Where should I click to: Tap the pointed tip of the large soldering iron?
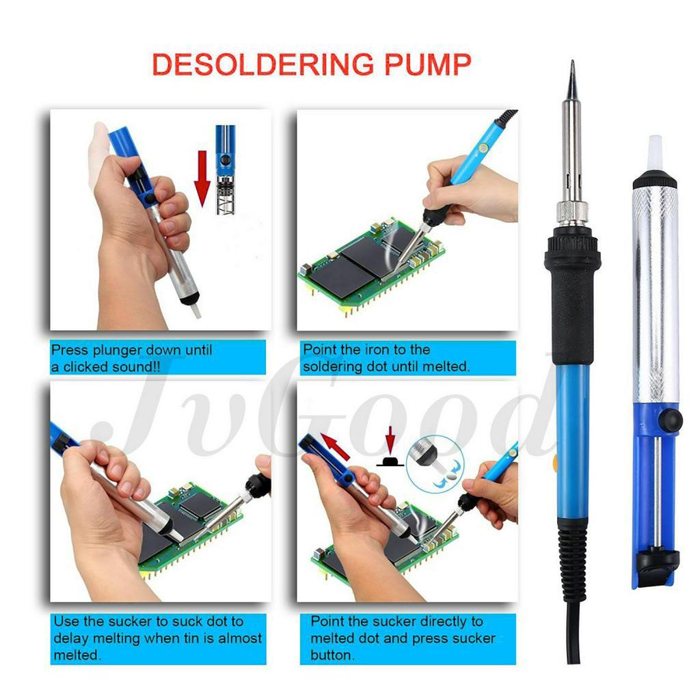(572, 62)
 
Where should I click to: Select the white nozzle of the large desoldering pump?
(655, 152)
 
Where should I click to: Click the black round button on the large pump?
(671, 420)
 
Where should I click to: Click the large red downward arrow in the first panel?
(202, 178)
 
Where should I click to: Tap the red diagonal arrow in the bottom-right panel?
(335, 446)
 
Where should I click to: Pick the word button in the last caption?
(332, 655)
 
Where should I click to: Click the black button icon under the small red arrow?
(390, 461)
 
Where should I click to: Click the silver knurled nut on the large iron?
(572, 213)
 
